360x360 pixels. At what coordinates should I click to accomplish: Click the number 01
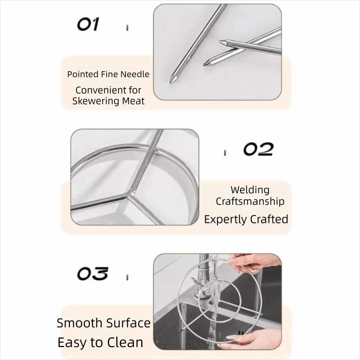pyautogui.click(x=88, y=24)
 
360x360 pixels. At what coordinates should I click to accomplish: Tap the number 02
pyautogui.click(x=258, y=149)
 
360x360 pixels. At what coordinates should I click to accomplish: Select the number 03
pyautogui.click(x=92, y=274)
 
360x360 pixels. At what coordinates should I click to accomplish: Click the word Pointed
pyautogui.click(x=83, y=74)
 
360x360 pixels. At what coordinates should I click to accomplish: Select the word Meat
pyautogui.click(x=133, y=101)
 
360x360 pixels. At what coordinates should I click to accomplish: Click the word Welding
pyautogui.click(x=250, y=190)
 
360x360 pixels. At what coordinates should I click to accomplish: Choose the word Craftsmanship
pyautogui.click(x=250, y=201)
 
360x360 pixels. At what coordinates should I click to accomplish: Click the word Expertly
pyautogui.click(x=226, y=219)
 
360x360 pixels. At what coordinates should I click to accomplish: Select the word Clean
pyautogui.click(x=125, y=342)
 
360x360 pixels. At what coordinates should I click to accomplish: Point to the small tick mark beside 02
pyautogui.click(x=225, y=153)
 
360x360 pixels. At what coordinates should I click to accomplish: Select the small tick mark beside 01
pyautogui.click(x=127, y=28)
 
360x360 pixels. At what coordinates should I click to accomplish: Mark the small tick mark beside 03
pyautogui.click(x=127, y=277)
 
